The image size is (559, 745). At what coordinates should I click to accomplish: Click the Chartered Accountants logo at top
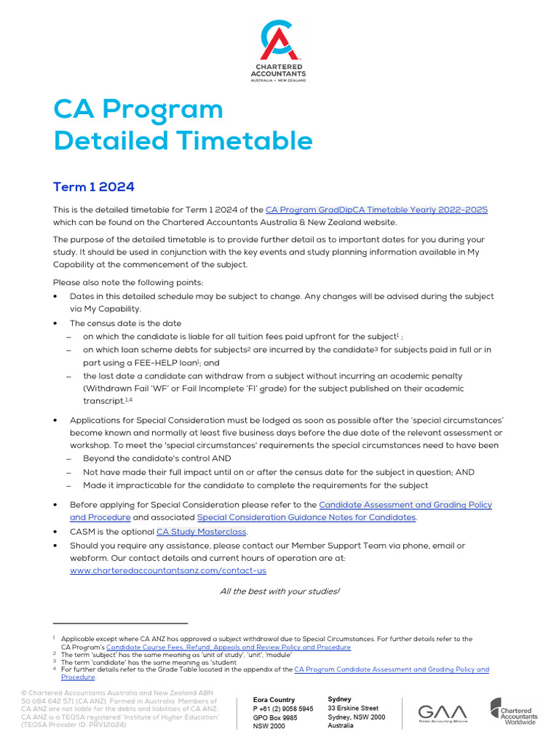click(279, 51)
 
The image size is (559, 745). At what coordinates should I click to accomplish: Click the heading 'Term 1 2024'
click(94, 187)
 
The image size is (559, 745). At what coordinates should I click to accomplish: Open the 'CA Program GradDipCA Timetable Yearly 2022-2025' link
click(376, 210)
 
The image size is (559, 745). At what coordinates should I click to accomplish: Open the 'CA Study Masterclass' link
click(202, 532)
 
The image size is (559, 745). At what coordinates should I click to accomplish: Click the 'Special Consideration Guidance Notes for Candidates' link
click(306, 517)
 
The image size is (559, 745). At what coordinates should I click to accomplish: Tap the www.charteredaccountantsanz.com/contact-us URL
click(168, 570)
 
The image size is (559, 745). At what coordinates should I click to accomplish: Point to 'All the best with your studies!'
click(279, 591)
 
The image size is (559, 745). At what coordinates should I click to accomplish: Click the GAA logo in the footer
click(443, 712)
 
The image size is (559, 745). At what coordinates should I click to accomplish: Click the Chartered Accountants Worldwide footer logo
click(513, 712)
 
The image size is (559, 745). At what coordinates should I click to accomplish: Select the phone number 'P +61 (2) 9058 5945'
click(283, 708)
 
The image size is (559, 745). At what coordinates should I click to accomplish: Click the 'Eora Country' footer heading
click(274, 699)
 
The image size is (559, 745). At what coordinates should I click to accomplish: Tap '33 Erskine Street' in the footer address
click(353, 708)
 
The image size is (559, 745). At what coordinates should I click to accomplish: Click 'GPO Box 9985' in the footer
click(274, 717)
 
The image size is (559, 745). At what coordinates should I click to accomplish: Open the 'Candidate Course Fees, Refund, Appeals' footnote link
click(229, 647)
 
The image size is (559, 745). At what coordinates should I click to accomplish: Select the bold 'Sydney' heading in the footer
click(339, 698)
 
